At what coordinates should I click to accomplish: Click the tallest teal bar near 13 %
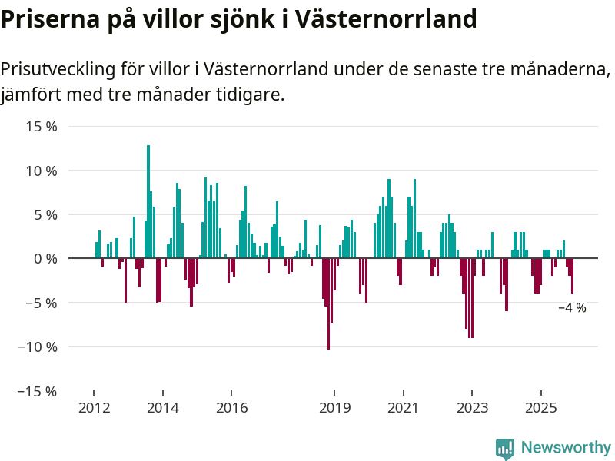click(x=148, y=201)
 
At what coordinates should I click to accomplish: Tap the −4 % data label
click(x=572, y=308)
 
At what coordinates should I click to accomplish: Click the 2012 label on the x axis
click(x=94, y=407)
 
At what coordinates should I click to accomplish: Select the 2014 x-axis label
click(x=162, y=407)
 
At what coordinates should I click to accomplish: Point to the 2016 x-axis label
click(x=231, y=407)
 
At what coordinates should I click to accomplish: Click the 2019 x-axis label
click(x=334, y=407)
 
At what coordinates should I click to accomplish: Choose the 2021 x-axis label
click(x=403, y=407)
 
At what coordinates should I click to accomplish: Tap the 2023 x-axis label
click(x=471, y=407)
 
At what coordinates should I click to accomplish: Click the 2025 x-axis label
click(x=540, y=407)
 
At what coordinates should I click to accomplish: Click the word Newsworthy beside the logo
click(x=566, y=448)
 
